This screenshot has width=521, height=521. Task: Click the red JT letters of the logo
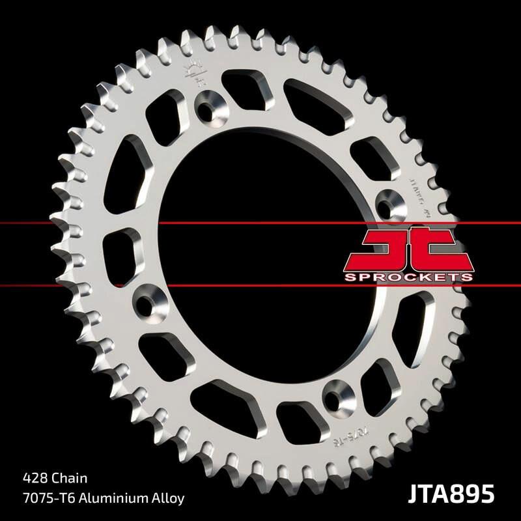408,249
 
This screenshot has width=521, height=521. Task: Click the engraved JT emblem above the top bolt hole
195,74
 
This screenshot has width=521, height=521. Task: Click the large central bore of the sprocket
260,254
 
